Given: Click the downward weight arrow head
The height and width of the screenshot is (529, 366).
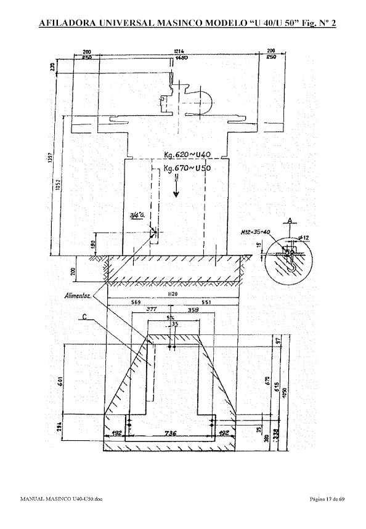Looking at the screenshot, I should [176, 193].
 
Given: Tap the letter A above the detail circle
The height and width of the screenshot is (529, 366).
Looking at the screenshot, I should [288, 219].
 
